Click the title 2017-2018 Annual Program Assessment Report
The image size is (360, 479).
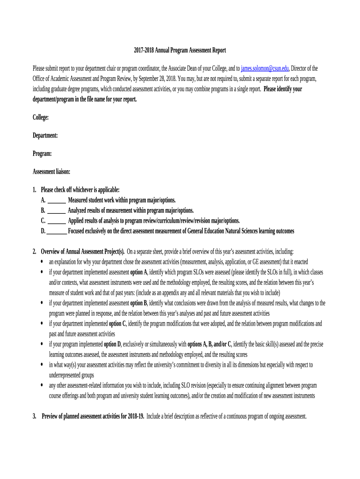pyautogui.click(x=180, y=50)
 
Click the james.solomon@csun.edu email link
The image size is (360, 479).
pyautogui.click(x=265, y=68)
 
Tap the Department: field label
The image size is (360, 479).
pyautogui.click(x=45, y=135)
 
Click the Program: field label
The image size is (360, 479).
pyautogui.click(x=42, y=153)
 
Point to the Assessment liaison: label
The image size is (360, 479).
pyautogui.click(x=51, y=172)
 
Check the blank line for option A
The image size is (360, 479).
pyautogui.click(x=57, y=200)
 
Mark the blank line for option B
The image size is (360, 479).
pyautogui.click(x=57, y=210)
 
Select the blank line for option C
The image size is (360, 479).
pyautogui.click(x=57, y=221)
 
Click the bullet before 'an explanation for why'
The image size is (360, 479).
pyautogui.click(x=43, y=261)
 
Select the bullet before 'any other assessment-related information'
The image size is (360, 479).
pyautogui.click(x=43, y=385)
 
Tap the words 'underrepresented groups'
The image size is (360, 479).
pyautogui.click(x=72, y=375)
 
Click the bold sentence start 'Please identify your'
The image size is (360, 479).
pyautogui.click(x=283, y=89)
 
